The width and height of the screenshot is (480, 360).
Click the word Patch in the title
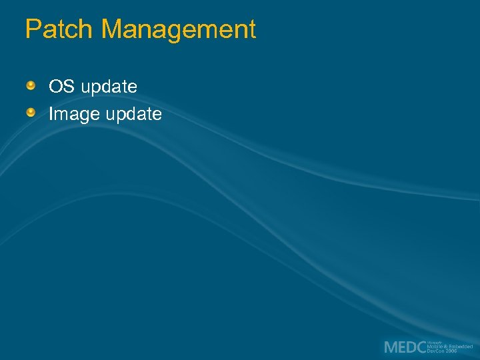pos(59,30)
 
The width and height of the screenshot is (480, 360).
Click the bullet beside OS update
pos(31,86)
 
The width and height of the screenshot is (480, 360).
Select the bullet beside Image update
pos(31,113)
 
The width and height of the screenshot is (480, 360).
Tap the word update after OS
pos(107,87)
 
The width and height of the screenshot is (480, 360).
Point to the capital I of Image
pos(51,114)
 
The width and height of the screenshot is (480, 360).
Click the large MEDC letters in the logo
pos(405,347)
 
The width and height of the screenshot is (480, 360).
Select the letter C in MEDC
pos(420,347)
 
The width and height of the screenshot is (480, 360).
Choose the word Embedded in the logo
pos(461,347)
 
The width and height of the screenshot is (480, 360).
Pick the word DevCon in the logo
pos(436,351)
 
